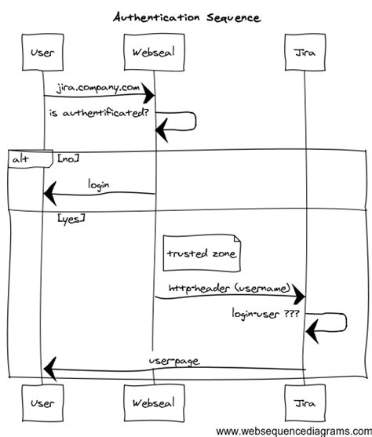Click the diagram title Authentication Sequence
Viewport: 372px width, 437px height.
click(x=187, y=16)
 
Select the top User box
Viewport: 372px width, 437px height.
click(x=42, y=53)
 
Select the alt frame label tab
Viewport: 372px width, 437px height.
click(x=22, y=159)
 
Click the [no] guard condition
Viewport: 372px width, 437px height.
click(x=67, y=158)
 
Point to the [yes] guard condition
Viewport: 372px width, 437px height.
click(x=71, y=220)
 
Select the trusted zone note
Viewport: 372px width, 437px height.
click(x=202, y=253)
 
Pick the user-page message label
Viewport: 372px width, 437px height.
click(x=173, y=361)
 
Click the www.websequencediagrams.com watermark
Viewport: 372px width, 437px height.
click(x=291, y=431)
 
